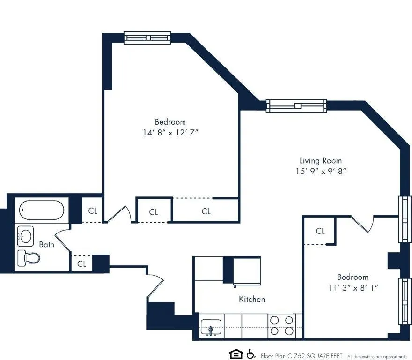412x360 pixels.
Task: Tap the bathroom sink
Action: point(26,236)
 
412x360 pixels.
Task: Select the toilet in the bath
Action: point(28,257)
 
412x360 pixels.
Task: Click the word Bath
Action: point(46,244)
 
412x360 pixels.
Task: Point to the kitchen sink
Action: point(211,327)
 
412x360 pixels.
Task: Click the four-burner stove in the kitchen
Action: point(282,325)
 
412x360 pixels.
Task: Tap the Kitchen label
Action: point(252,299)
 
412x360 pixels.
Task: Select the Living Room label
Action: point(321,160)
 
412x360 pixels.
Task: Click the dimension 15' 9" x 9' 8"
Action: point(321,172)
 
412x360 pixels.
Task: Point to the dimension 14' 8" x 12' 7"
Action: point(170,133)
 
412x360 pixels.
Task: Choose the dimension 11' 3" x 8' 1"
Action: point(353,287)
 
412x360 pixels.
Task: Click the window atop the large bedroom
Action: point(147,37)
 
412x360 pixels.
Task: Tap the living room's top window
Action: point(296,105)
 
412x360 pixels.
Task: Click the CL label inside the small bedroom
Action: point(320,231)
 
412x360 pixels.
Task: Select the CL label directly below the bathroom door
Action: point(82,264)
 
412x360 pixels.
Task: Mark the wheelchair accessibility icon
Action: point(250,354)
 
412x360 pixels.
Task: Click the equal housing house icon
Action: point(235,354)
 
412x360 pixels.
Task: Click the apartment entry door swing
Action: point(154,284)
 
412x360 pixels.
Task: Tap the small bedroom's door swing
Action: point(362,225)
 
